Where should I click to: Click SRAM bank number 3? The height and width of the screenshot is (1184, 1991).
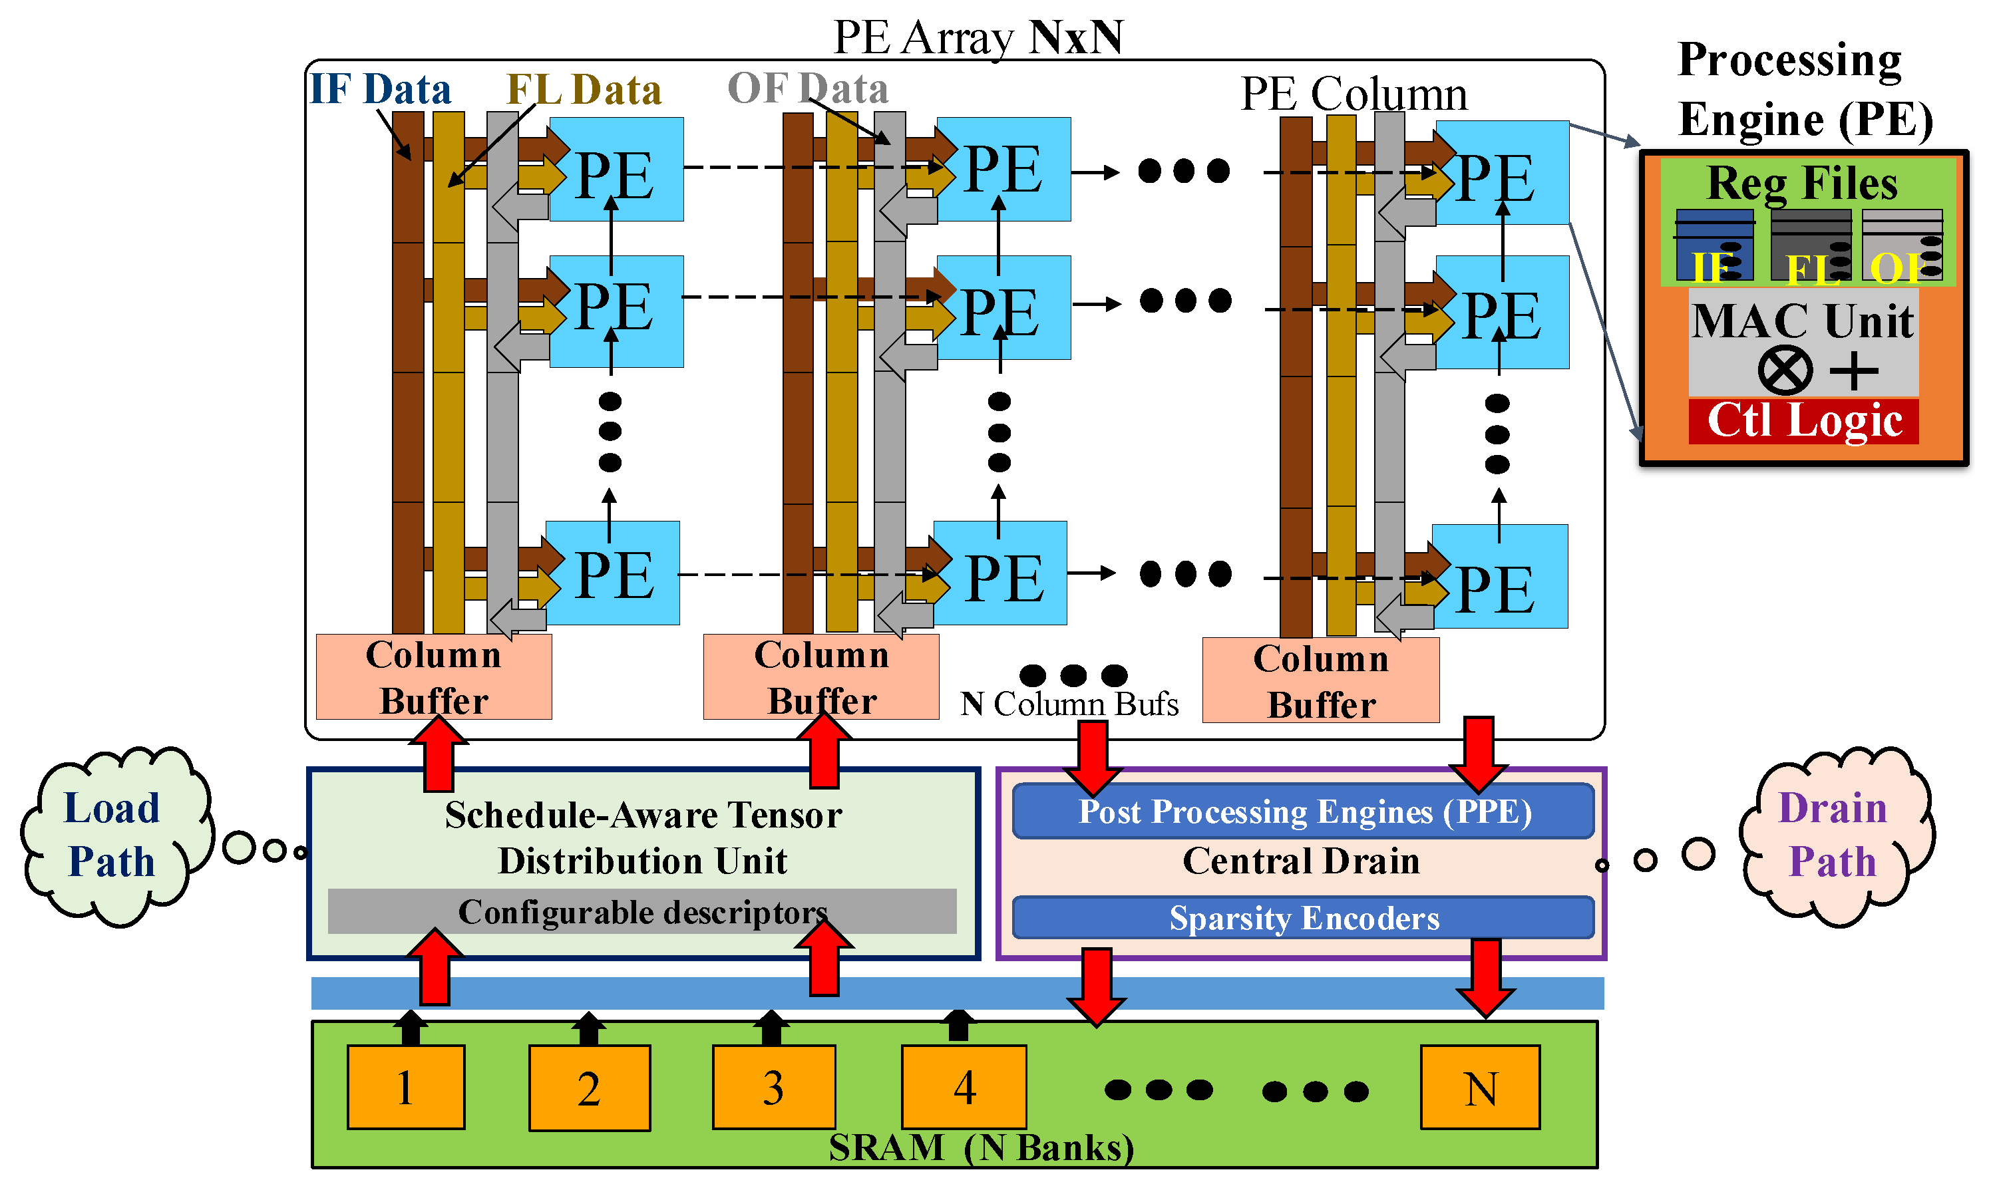tap(773, 1088)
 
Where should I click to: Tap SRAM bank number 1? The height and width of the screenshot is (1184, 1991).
tap(405, 1088)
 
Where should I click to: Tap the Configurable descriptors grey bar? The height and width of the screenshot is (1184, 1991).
tap(641, 911)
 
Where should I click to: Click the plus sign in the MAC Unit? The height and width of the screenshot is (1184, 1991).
tap(1853, 371)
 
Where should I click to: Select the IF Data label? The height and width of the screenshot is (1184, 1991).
tap(380, 88)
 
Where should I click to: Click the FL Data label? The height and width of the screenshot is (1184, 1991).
tap(584, 88)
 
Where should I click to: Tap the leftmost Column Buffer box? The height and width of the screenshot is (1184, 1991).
tap(433, 676)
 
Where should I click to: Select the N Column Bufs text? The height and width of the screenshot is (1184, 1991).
tap(1069, 704)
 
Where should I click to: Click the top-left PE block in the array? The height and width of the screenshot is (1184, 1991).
tap(616, 169)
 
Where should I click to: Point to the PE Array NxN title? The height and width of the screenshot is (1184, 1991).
tap(978, 37)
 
